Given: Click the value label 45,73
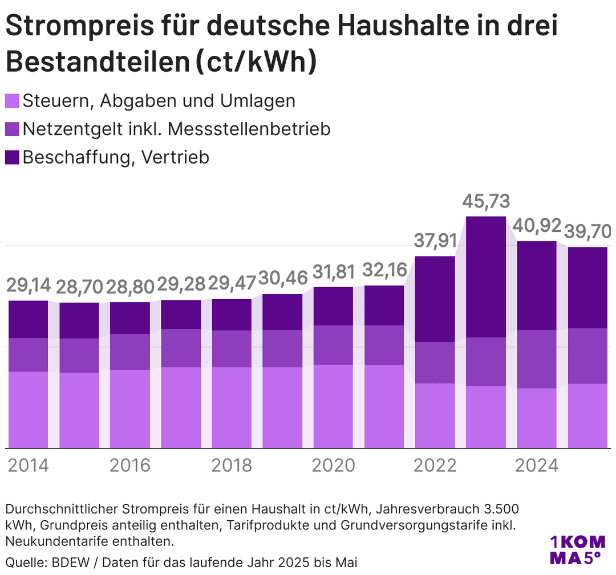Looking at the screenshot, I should click(x=486, y=202).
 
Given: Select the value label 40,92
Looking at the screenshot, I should click(x=537, y=226).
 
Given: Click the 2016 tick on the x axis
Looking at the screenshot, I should click(x=130, y=465).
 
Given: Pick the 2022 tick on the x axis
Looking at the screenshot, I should click(x=435, y=465).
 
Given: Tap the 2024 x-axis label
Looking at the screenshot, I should click(x=537, y=465).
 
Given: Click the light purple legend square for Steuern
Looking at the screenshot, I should click(x=13, y=101).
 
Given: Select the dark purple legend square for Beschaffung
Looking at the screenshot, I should click(x=13, y=157).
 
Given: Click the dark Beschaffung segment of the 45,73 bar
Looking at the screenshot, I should click(x=486, y=276).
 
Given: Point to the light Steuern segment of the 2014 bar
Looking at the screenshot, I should click(x=28, y=409).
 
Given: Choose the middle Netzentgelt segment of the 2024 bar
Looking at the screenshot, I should click(x=537, y=359).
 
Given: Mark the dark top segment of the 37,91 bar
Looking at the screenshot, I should click(x=435, y=299).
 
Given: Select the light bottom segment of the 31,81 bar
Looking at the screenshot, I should click(x=334, y=406).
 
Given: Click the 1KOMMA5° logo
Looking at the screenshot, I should click(x=576, y=549).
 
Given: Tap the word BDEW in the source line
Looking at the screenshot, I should click(x=67, y=562).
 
